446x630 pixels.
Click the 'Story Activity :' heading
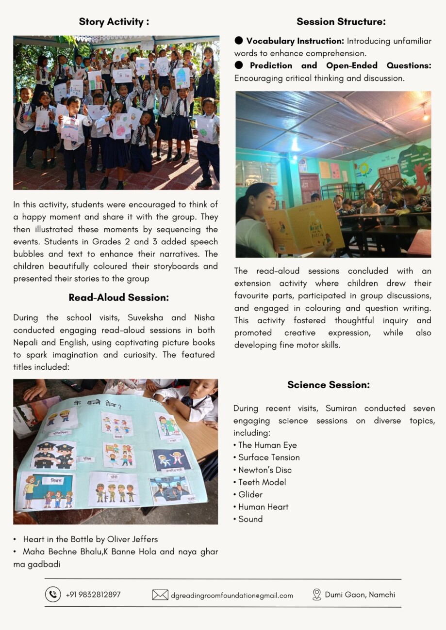pos(114,22)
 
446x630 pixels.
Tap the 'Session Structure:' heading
pos(341,22)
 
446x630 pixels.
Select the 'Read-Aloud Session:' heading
pos(118,298)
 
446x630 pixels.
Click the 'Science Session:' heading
pos(328,385)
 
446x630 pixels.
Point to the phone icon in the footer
pos(53,594)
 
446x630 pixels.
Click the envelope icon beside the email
pos(160,595)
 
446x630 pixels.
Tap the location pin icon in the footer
pos(317,595)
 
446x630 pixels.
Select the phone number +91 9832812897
pos(93,595)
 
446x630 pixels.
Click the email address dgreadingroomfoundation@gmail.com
pos(232,595)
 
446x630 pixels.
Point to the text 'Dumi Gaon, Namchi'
pos(360,595)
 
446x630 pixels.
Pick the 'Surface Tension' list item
pos(269,457)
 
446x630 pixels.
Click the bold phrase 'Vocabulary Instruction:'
pos(295,41)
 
